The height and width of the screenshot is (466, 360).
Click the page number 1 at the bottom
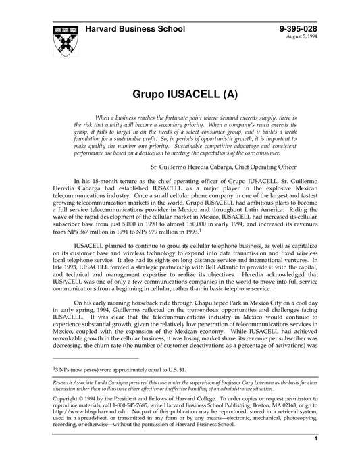coord(317,458)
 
